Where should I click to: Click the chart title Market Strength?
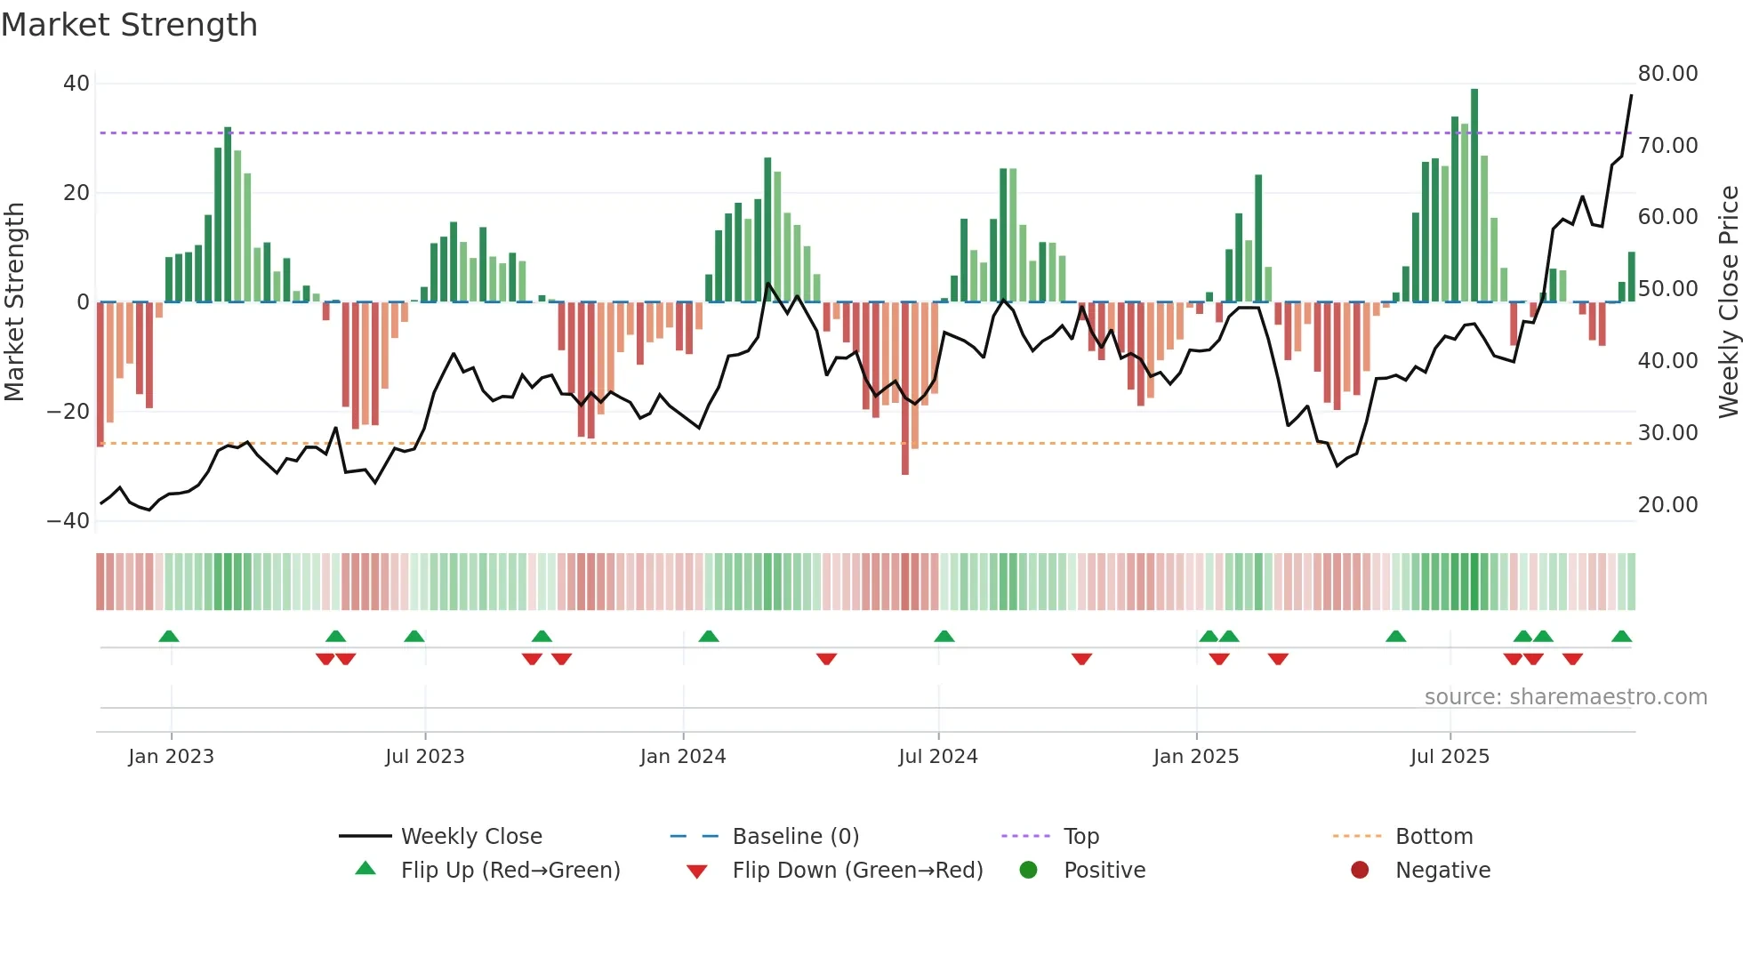tap(129, 25)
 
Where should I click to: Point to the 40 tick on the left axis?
tap(76, 84)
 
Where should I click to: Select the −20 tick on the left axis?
tap(68, 412)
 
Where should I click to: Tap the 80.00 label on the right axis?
tap(1667, 74)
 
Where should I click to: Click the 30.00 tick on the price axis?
tap(1667, 433)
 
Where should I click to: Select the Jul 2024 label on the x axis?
tap(937, 757)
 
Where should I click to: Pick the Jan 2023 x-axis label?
tap(171, 757)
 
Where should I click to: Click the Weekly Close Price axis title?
tap(1728, 301)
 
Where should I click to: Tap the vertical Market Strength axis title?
tap(14, 301)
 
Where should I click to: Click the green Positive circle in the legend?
tap(1029, 871)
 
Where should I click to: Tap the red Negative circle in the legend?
tap(1360, 871)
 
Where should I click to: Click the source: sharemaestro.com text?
tap(1565, 697)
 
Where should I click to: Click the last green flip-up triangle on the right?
tap(1621, 637)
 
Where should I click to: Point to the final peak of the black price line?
tap(1631, 96)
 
